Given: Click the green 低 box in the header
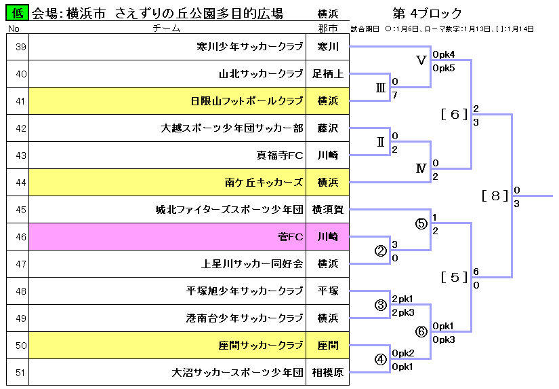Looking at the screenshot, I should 17,14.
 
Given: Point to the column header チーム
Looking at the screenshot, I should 167,29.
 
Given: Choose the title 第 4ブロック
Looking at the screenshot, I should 427,14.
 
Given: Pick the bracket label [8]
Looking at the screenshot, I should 495,196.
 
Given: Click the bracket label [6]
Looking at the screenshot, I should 455,114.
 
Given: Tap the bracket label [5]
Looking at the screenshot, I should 455,277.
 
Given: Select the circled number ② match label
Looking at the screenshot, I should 381,251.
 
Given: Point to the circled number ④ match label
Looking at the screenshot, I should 381,359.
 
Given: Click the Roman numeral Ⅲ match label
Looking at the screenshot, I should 381,88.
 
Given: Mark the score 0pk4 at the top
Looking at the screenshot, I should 444,54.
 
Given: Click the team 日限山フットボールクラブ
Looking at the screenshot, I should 247,101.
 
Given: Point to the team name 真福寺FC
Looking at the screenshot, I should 279,155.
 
